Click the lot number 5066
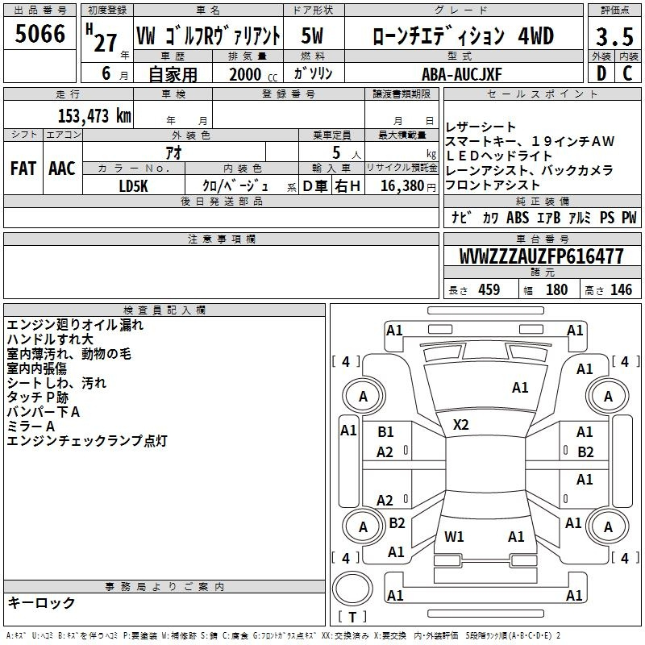(x=40, y=33)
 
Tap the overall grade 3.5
(x=614, y=36)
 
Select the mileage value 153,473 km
(x=94, y=115)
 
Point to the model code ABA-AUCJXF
(x=462, y=73)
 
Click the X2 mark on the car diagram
(x=461, y=424)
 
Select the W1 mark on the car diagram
(x=454, y=536)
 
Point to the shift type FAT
(x=23, y=168)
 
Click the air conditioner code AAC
(x=61, y=168)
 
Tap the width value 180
(x=556, y=290)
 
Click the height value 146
(x=621, y=290)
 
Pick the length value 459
(x=489, y=290)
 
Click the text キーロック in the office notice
(x=41, y=602)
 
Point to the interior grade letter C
(x=627, y=73)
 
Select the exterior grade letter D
(x=601, y=73)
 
